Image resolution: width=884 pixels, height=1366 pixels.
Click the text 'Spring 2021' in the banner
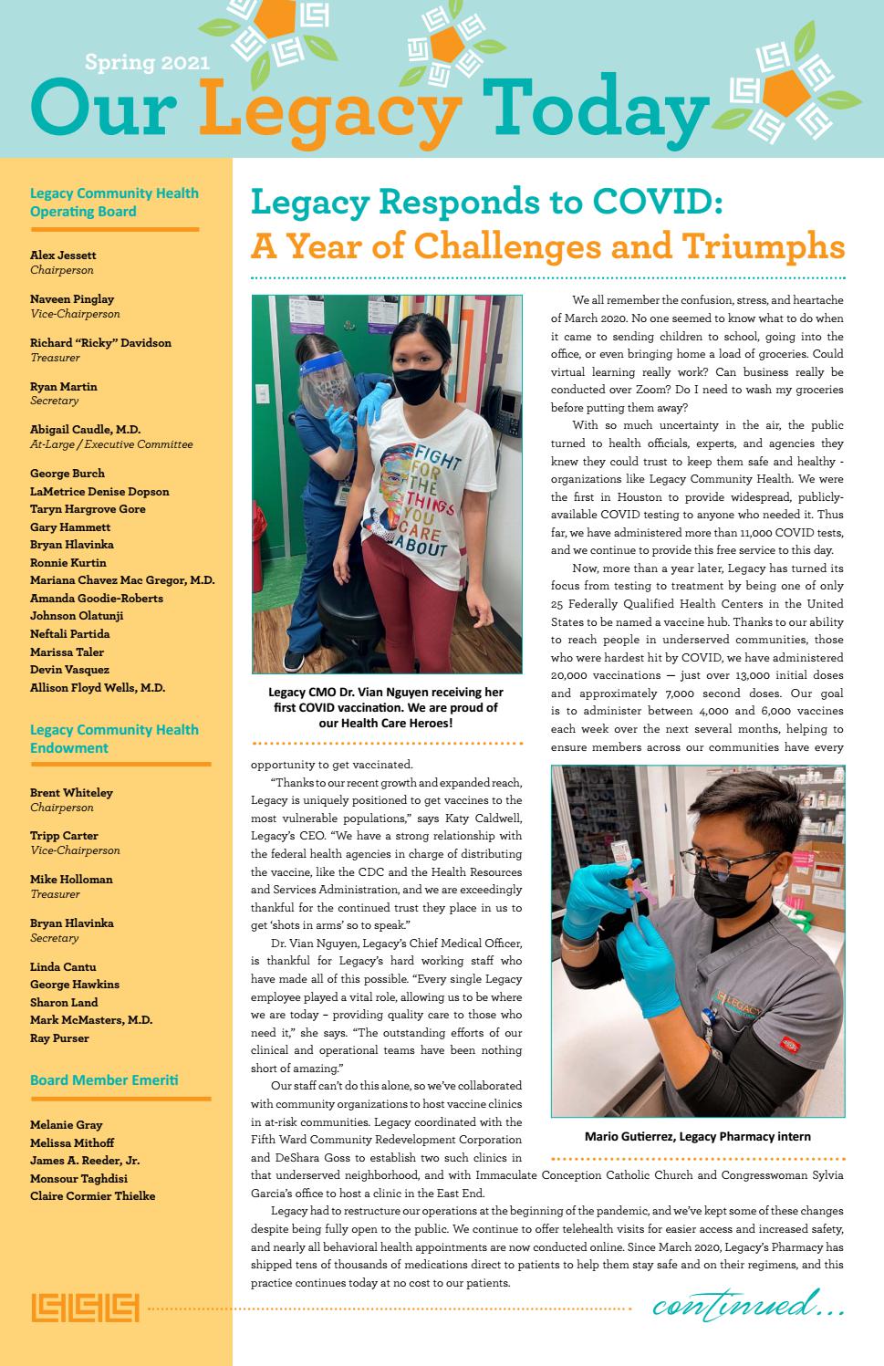coord(147,63)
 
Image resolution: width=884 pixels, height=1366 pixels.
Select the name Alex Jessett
coord(63,255)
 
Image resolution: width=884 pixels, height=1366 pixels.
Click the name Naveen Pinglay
coord(72,299)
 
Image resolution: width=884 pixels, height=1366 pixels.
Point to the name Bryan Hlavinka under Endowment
coord(72,923)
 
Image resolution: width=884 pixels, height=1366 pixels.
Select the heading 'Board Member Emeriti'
coord(104,1080)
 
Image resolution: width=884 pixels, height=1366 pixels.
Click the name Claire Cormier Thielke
coord(92,1196)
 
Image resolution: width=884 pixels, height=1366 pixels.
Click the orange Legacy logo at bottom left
coord(85,1308)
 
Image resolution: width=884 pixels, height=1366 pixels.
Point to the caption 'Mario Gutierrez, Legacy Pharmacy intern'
coord(697,1137)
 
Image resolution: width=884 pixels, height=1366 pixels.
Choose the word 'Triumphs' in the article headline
coord(766,246)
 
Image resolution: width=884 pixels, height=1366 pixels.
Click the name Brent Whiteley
coord(71,793)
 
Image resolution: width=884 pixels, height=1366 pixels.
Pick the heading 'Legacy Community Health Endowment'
coord(114,739)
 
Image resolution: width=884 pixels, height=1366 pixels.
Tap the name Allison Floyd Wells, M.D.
coord(98,688)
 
